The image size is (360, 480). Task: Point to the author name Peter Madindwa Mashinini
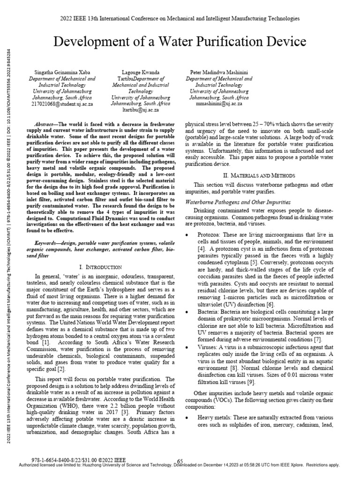219,73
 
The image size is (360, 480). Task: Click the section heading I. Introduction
101,267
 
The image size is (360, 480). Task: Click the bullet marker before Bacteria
188,311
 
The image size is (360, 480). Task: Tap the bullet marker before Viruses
188,347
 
